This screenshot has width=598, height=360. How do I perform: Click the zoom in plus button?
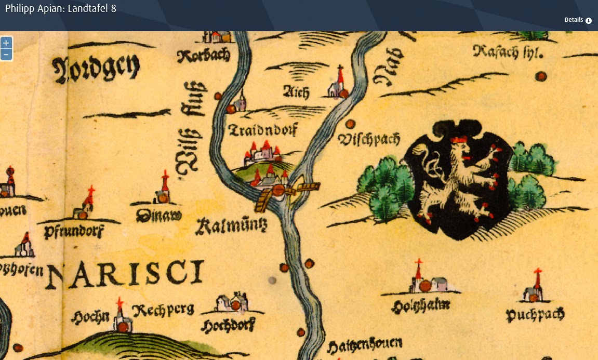click(6, 43)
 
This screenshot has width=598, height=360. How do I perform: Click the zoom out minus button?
click(6, 55)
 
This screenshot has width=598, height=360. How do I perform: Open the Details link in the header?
click(578, 20)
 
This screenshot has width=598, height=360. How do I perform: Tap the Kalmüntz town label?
click(231, 226)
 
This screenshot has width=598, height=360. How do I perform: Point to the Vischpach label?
click(369, 139)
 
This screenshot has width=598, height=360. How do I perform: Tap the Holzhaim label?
click(421, 305)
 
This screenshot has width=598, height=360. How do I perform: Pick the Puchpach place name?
click(535, 314)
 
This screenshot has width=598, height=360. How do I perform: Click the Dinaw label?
click(158, 216)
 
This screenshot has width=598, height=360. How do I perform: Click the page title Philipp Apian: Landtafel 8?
click(60, 8)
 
